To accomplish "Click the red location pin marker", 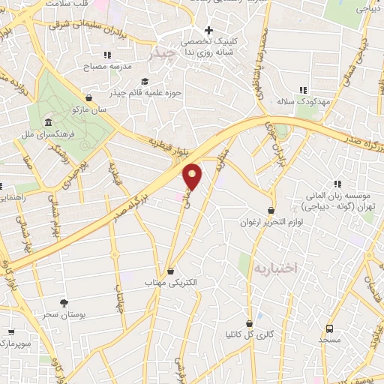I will tap(193, 177).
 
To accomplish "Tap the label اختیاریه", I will tap(275, 268).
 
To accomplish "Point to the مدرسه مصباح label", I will tap(110, 66).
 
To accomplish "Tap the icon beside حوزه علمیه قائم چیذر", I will tap(144, 82).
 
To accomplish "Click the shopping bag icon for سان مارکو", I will tap(89, 97).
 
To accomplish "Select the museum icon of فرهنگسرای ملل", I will tap(48, 122).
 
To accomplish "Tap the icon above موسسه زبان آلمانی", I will tap(337, 184).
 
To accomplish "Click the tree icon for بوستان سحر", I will tap(63, 302).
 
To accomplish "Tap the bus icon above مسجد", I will tap(329, 328).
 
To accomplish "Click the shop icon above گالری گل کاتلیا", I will tap(249, 323).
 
